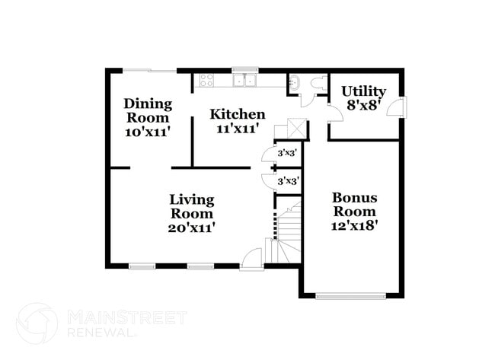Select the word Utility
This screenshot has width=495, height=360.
click(x=363, y=92)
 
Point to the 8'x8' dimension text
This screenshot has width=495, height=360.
click(x=363, y=106)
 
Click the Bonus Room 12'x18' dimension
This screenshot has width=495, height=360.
click(x=354, y=226)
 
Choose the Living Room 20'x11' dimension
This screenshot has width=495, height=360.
click(x=192, y=228)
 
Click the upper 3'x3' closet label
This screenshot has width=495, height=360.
click(x=287, y=153)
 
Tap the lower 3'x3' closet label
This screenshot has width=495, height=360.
click(x=287, y=181)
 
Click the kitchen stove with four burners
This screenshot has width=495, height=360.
click(x=207, y=79)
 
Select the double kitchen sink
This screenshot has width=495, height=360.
click(x=244, y=80)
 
